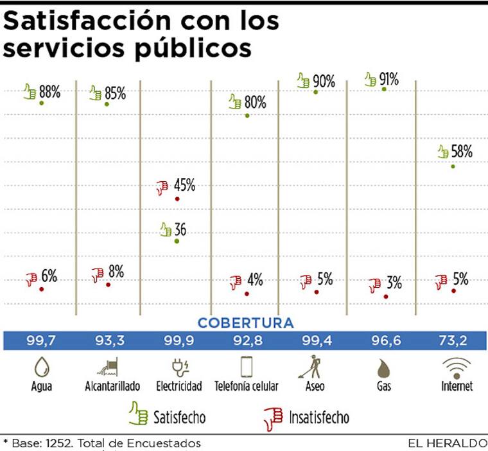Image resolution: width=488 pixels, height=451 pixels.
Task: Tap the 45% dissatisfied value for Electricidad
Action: point(184,186)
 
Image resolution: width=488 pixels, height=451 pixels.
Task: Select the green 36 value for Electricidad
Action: point(180,229)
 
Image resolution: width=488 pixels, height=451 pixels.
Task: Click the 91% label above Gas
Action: point(388,80)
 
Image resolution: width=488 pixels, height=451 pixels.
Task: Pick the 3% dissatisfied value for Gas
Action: point(394,283)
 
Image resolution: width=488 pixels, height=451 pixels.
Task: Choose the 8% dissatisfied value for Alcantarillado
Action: point(116,272)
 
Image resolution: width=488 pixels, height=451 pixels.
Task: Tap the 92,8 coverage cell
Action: point(246,340)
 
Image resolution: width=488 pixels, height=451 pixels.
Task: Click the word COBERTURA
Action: point(245,323)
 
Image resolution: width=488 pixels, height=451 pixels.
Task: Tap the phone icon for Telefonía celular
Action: point(247,367)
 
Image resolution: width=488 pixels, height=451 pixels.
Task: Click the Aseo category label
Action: point(315,386)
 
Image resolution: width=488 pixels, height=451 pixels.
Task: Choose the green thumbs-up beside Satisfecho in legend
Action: point(138,413)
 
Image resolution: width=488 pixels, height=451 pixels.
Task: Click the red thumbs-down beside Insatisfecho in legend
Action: point(273,418)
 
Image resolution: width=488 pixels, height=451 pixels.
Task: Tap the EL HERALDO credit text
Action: point(447,443)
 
